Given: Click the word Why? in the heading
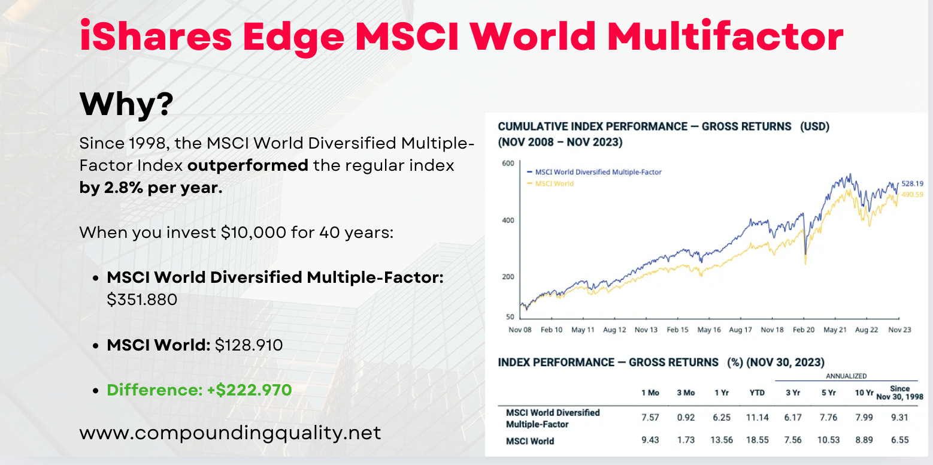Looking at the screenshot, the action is click(126, 103).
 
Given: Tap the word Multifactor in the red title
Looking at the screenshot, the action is click(725, 37).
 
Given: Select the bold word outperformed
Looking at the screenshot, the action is click(248, 166).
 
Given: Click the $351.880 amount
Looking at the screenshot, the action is click(142, 300).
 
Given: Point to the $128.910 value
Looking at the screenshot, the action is click(249, 345).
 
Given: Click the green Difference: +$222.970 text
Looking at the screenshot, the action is click(199, 390).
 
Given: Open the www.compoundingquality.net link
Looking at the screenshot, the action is click(230, 433).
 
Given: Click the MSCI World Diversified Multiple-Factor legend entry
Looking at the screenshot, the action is click(594, 171).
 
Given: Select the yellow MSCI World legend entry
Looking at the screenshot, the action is click(550, 183).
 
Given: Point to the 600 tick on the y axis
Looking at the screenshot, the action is click(508, 164).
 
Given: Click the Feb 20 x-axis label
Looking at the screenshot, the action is click(804, 330).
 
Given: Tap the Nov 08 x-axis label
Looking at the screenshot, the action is click(520, 330).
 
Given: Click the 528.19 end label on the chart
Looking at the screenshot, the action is click(912, 183).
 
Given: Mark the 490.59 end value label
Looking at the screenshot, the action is click(912, 195).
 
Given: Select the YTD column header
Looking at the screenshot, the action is click(757, 392).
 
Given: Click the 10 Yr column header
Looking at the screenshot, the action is click(864, 392).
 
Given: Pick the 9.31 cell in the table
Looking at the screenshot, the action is click(899, 418).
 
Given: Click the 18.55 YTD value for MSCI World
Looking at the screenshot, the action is click(757, 440).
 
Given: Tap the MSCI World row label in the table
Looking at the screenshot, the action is click(530, 441).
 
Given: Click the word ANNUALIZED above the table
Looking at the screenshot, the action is click(846, 376).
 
